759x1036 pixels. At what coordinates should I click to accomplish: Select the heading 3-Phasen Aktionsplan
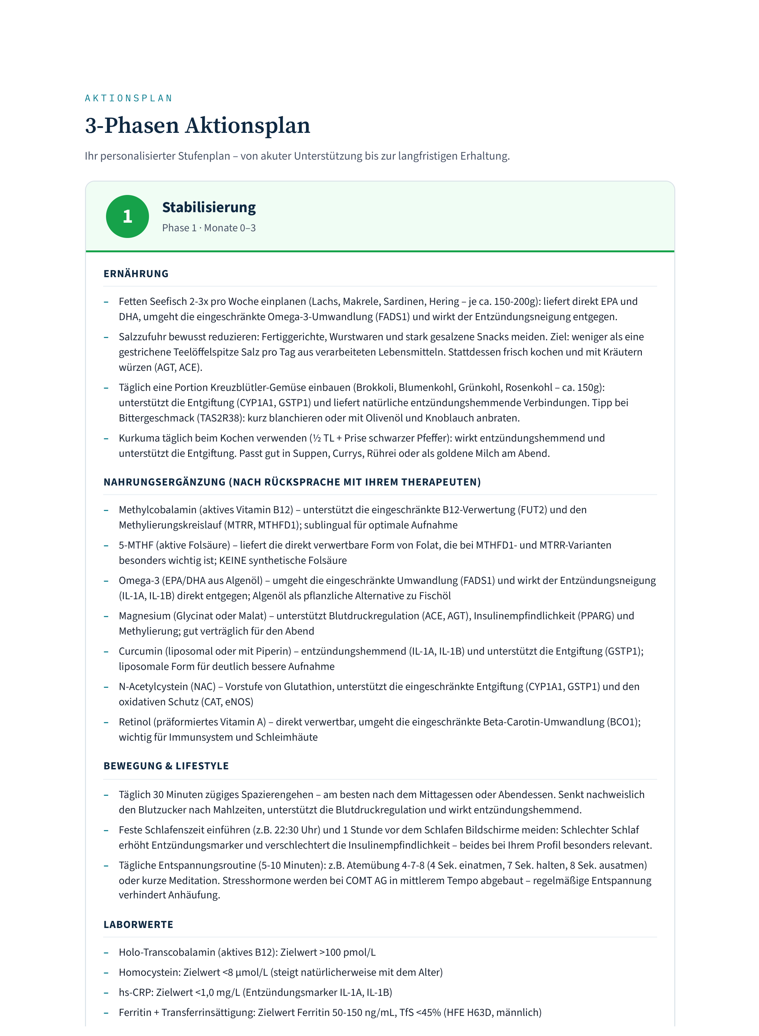pyautogui.click(x=198, y=126)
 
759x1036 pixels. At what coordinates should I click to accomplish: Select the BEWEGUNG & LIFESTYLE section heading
pyautogui.click(x=166, y=766)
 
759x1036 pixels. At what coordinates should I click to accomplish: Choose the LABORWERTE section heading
pyautogui.click(x=138, y=924)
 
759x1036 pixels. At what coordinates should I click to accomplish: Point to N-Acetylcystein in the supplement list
pyautogui.click(x=167, y=686)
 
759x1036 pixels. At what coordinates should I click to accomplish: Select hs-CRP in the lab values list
pyautogui.click(x=136, y=992)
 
